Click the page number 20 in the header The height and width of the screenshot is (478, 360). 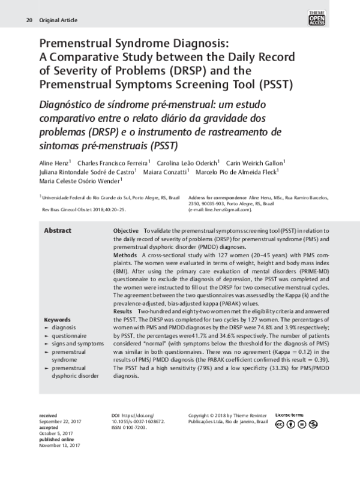tap(29, 20)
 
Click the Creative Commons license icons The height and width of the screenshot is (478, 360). tap(295, 425)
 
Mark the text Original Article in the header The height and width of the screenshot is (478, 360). tap(58, 20)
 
